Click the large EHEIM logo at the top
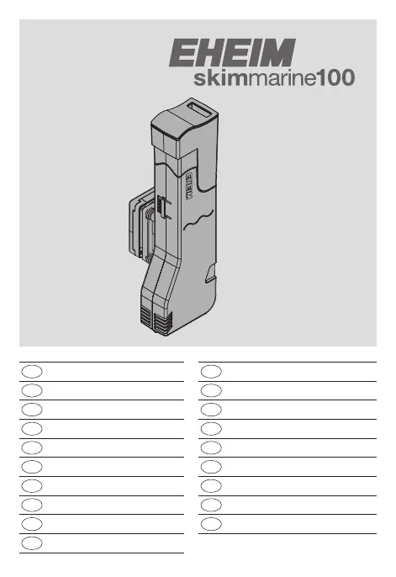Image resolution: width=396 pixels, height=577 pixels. (232, 53)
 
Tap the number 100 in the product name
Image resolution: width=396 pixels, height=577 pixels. (335, 78)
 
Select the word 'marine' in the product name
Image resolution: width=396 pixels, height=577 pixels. (282, 79)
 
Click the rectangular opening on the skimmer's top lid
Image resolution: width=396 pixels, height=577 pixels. (200, 110)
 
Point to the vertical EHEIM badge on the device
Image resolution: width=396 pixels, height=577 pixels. (189, 186)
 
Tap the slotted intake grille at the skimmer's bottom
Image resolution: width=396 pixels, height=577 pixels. (156, 321)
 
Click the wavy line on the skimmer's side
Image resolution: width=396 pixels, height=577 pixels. (198, 220)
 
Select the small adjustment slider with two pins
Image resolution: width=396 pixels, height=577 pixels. (163, 208)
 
